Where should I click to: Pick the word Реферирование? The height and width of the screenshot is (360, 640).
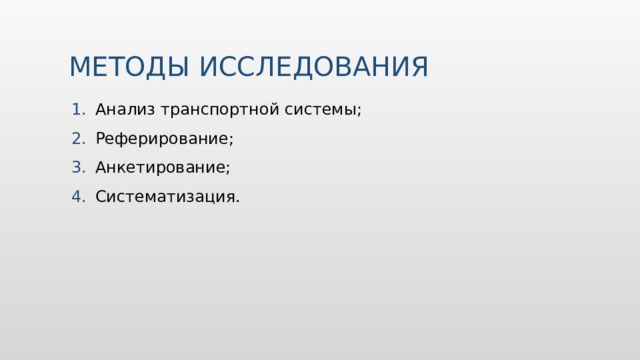point(161,139)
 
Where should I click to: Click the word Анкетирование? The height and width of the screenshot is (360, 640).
point(160,167)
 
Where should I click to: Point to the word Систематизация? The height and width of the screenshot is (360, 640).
point(165,196)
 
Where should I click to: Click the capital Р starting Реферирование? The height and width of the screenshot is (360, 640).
point(101,138)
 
